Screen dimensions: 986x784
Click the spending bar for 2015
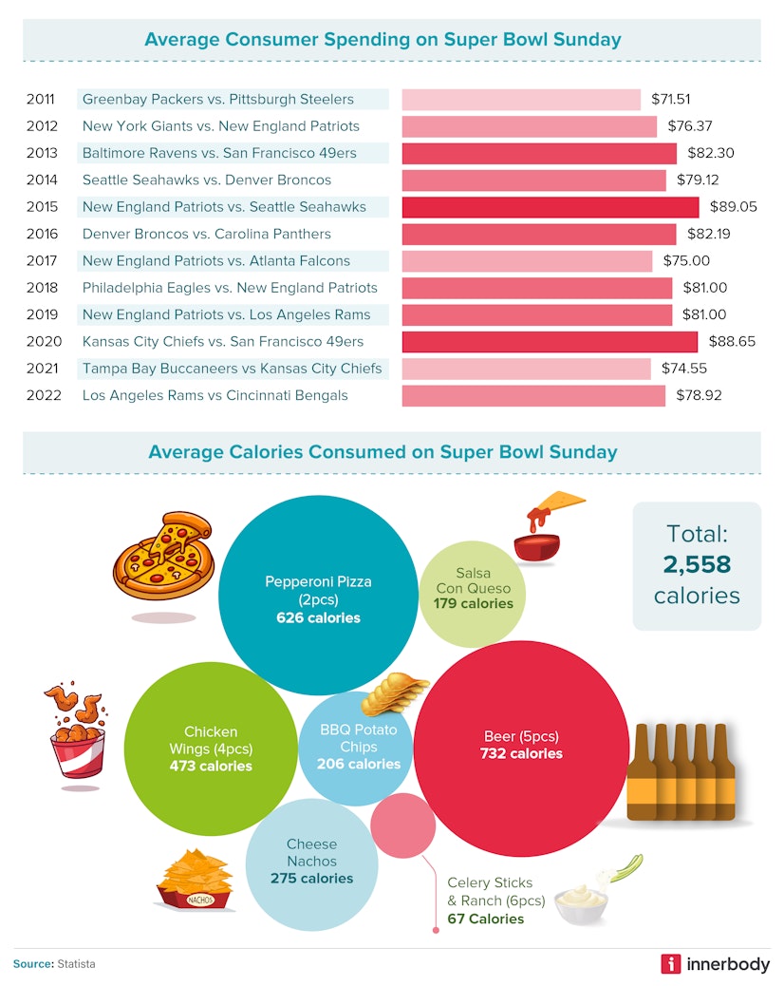(550, 207)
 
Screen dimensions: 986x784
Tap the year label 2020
(43, 341)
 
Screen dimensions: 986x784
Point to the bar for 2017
(527, 261)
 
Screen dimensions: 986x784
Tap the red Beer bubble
(520, 750)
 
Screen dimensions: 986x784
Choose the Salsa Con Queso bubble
(473, 589)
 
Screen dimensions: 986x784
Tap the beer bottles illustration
(680, 771)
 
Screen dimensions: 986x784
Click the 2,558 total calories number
(697, 565)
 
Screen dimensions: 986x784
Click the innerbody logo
(716, 963)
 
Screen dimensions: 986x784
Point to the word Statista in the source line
(75, 963)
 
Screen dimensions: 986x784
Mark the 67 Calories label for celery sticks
(485, 919)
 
